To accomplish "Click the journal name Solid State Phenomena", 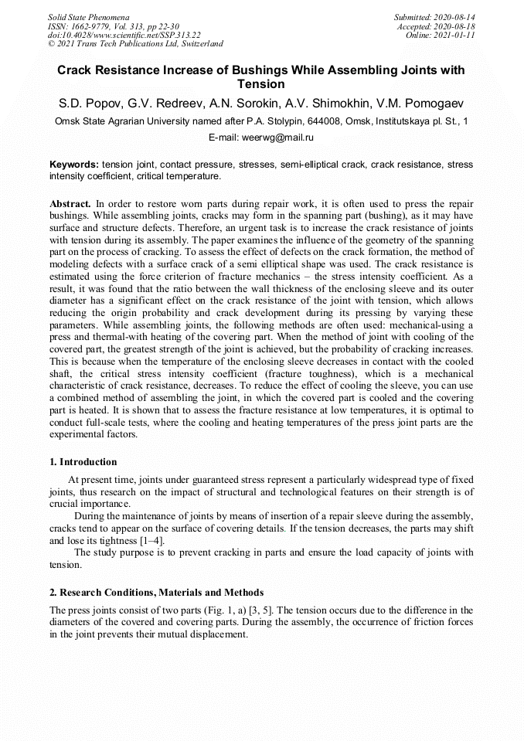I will click(x=88, y=17).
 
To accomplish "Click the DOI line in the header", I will click(x=124, y=35).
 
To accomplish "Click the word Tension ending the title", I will click(x=261, y=84).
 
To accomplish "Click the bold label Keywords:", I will click(x=74, y=165).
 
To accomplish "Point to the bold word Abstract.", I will click(x=70, y=204).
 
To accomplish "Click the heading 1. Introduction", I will click(x=83, y=462).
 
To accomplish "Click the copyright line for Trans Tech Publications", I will click(x=135, y=44).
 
